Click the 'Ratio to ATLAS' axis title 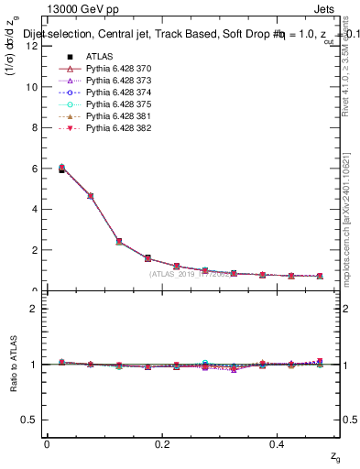(13, 366)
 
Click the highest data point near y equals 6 (36, 168)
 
